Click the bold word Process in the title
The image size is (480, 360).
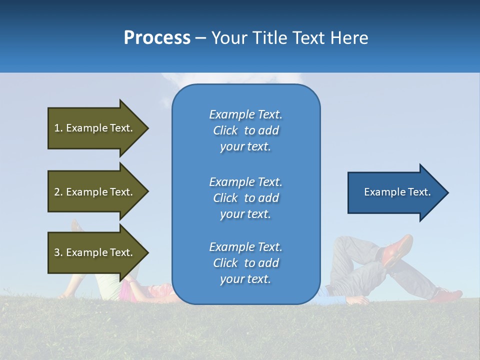[157, 38]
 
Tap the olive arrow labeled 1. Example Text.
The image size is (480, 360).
[95, 128]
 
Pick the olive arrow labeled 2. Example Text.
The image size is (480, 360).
[95, 192]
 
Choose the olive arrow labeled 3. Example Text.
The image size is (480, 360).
[95, 252]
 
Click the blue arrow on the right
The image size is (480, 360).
[395, 192]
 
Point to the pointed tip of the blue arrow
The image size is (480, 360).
[447, 192]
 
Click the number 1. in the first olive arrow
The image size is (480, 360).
[58, 128]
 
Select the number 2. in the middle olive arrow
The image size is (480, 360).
[58, 192]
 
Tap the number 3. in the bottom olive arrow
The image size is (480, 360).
[58, 252]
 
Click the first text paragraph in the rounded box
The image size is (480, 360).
[245, 130]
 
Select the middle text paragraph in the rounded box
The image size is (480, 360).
[245, 198]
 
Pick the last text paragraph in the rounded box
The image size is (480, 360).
[245, 263]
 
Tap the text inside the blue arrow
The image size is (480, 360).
[397, 192]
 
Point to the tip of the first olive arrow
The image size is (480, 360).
[147, 128]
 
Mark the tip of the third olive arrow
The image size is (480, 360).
[147, 252]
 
